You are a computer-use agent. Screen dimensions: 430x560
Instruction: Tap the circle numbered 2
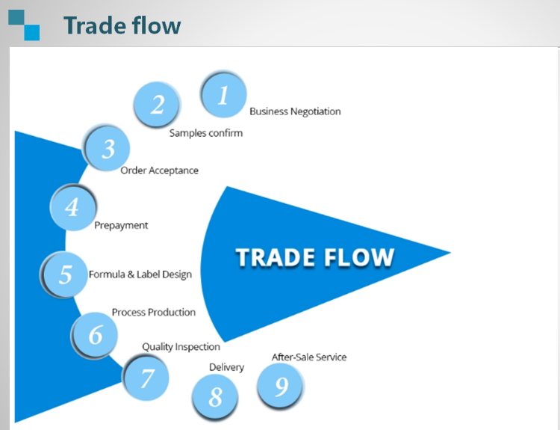coord(158,105)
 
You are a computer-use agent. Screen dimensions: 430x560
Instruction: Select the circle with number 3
coord(108,148)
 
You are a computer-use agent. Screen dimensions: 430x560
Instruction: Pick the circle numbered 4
coord(72,206)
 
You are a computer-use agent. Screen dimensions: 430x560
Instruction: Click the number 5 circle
coord(65,274)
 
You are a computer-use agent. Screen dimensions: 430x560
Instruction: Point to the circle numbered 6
coord(96,334)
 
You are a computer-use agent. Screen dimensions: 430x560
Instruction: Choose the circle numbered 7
coord(146,378)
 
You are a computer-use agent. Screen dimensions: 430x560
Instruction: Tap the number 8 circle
coord(215,396)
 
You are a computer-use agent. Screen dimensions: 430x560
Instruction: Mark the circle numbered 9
coord(281,386)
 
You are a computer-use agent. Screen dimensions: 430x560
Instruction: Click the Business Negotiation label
coord(295,111)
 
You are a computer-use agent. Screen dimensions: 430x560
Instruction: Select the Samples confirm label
coord(206,133)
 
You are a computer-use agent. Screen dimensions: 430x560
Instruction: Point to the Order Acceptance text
coord(160,171)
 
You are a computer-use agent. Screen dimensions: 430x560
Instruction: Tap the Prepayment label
coord(121,225)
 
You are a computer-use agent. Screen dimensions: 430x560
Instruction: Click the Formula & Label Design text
coord(140,274)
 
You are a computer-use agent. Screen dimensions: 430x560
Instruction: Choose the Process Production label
coord(154,312)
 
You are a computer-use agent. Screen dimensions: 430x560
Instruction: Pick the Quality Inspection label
coord(181,347)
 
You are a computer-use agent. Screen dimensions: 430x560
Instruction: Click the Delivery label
coord(226,367)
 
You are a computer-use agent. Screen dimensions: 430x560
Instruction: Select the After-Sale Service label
coord(309,357)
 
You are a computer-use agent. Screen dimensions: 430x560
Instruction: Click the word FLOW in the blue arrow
coord(355,257)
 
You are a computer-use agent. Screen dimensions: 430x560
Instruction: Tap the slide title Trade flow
coord(122,25)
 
